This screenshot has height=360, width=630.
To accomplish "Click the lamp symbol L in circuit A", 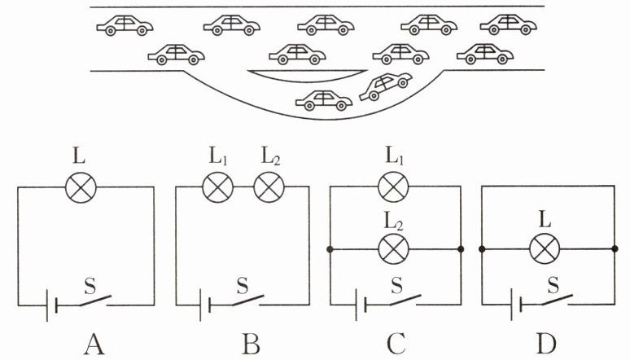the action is pyautogui.click(x=81, y=187).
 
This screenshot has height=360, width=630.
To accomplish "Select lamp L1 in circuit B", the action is pyautogui.click(x=217, y=187).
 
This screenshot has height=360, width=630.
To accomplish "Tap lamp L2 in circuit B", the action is pyautogui.click(x=269, y=187).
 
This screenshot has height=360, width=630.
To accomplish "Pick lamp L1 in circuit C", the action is pyautogui.click(x=393, y=187).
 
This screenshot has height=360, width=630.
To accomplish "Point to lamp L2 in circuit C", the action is pyautogui.click(x=393, y=249).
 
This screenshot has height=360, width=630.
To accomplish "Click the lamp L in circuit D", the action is pyautogui.click(x=545, y=249).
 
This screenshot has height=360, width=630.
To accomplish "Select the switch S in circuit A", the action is pyautogui.click(x=95, y=301).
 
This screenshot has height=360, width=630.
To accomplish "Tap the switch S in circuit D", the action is pyautogui.click(x=557, y=300).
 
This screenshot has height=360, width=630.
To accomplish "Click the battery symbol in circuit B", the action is pyautogui.click(x=205, y=305).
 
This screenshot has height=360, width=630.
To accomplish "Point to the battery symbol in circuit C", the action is pyautogui.click(x=361, y=305).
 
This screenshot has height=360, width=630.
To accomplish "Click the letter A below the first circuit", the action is pyautogui.click(x=94, y=345).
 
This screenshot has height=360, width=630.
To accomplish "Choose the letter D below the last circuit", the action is pyautogui.click(x=546, y=345).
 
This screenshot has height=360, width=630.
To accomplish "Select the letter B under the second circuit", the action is pyautogui.click(x=252, y=345).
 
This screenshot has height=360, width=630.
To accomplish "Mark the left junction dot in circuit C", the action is pyautogui.click(x=330, y=249).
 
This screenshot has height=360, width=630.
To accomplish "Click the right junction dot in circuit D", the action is pyautogui.click(x=615, y=249).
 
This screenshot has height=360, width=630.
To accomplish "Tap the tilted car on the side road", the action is pyautogui.click(x=386, y=86).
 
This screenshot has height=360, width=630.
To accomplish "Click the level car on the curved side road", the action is pyautogui.click(x=324, y=100).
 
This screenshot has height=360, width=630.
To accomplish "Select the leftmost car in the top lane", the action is pyautogui.click(x=125, y=26).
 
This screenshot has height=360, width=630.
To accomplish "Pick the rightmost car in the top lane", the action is pyautogui.click(x=508, y=24).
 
